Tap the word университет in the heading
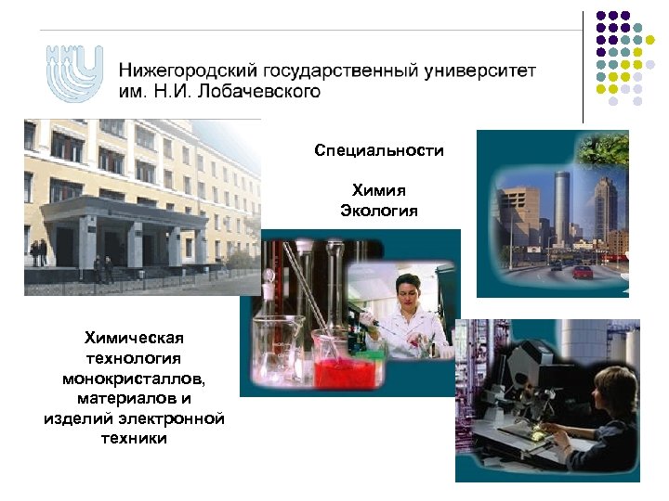coord(475,71)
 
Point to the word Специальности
coord(379,150)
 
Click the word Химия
coord(379,190)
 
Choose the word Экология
coord(379,211)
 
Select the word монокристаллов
coord(134,378)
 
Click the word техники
coord(134,439)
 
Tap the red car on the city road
coord(583,272)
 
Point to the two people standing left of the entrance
coord(39,252)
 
